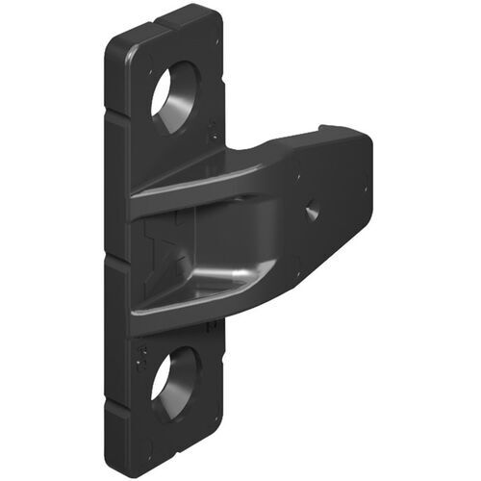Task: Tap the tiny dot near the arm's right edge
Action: point(365,188)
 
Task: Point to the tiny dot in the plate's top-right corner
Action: point(217,42)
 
